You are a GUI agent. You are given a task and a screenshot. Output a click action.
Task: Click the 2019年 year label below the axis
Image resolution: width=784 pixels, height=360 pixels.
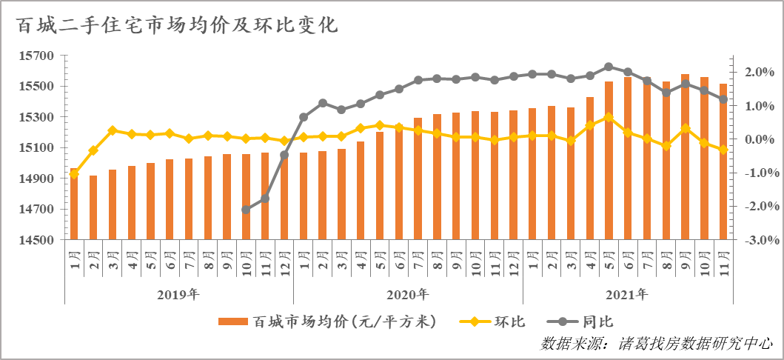(178, 294)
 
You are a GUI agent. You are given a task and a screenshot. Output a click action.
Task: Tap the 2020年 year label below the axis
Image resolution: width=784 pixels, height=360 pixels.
(407, 294)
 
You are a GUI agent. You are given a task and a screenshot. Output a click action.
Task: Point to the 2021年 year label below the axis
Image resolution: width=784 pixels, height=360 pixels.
(626, 294)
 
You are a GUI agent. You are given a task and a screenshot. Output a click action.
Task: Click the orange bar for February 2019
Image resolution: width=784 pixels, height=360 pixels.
(93, 208)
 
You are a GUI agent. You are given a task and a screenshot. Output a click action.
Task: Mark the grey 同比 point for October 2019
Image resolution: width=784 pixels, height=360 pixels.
(246, 210)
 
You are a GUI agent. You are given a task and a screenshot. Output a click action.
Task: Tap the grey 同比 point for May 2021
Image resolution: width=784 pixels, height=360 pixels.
(609, 67)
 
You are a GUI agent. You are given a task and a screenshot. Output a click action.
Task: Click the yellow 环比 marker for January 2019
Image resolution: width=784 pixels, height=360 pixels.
(74, 173)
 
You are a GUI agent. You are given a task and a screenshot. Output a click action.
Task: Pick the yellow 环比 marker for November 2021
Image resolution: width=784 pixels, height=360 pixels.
(723, 150)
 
